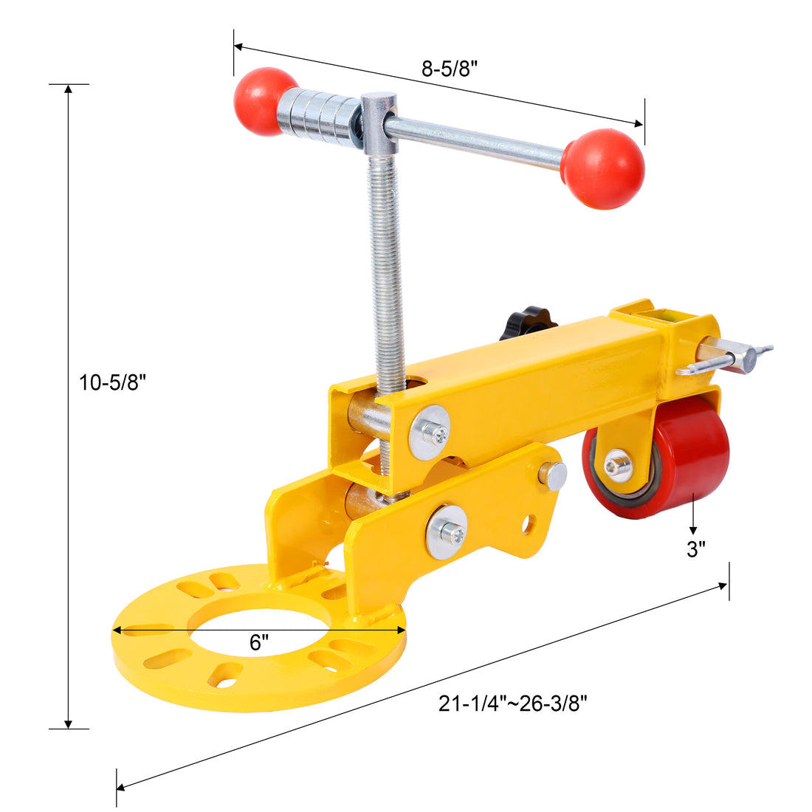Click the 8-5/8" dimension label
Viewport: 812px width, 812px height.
click(x=450, y=69)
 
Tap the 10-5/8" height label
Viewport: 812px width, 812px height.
click(x=114, y=382)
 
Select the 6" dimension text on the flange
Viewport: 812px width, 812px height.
click(x=257, y=642)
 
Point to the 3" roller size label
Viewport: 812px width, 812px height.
click(x=696, y=549)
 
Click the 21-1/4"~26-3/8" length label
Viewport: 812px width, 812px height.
click(x=512, y=703)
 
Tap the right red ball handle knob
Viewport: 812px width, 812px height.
click(x=602, y=168)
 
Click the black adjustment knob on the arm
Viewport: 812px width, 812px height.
click(x=528, y=326)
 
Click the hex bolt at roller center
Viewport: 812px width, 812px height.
click(x=617, y=465)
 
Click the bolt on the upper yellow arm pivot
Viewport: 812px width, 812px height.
click(x=430, y=432)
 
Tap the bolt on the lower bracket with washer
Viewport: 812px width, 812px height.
click(x=447, y=531)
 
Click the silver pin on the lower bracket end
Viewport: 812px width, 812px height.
click(x=552, y=475)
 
